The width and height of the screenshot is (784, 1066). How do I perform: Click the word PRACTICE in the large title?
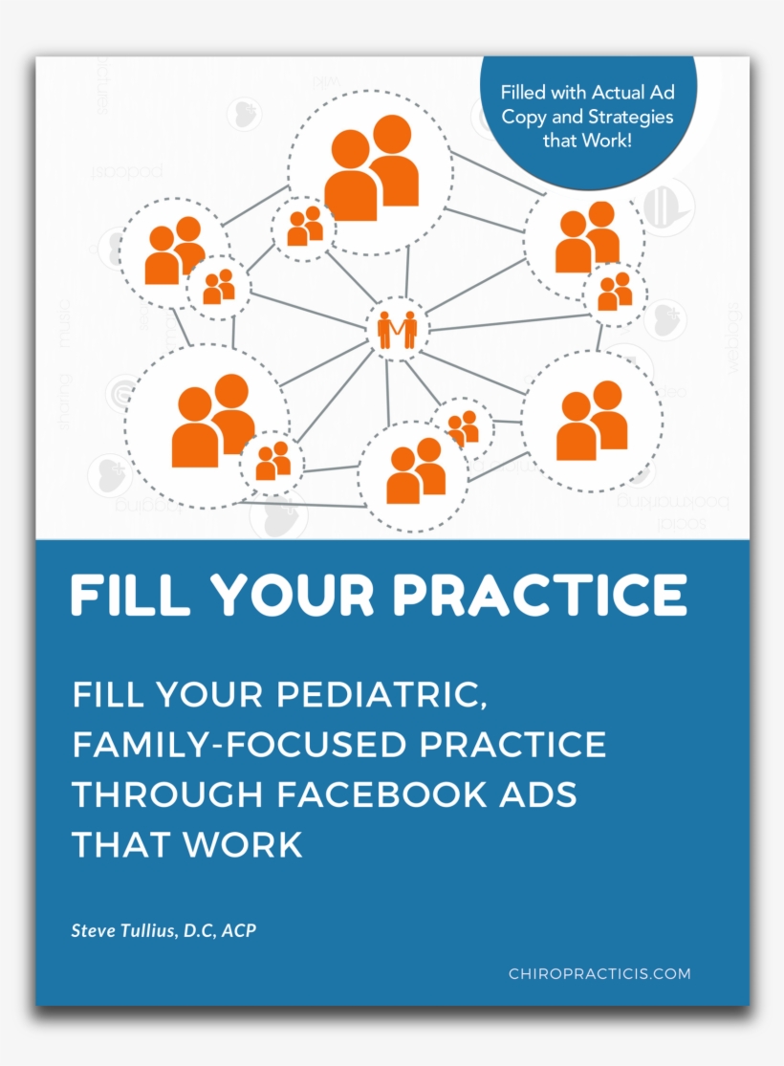pyautogui.click(x=539, y=595)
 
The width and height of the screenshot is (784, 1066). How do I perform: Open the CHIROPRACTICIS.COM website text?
pyautogui.click(x=599, y=974)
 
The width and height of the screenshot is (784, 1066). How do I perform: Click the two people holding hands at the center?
pyautogui.click(x=397, y=329)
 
